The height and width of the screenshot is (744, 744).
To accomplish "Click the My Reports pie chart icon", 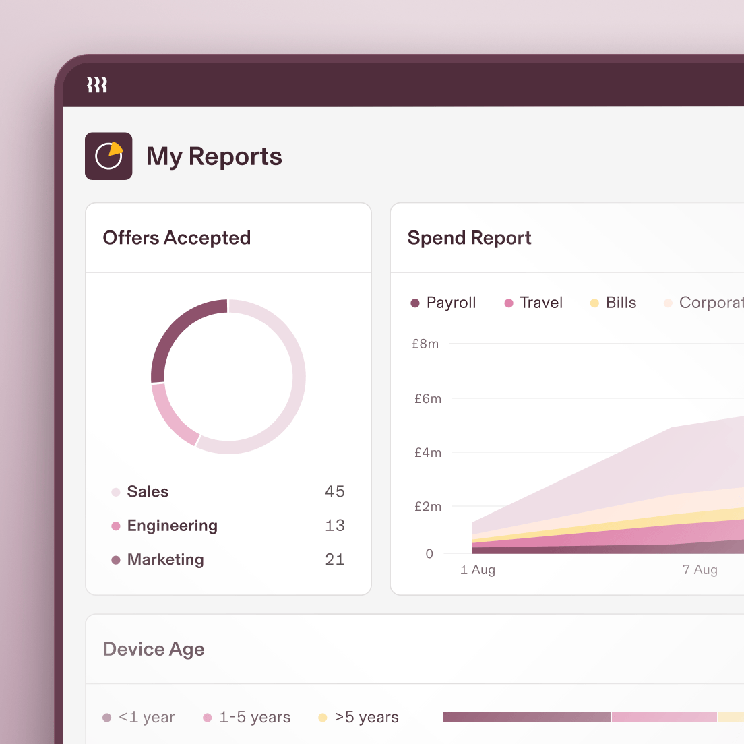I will pos(108,156).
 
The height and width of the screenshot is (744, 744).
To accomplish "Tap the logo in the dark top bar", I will pos(97,85).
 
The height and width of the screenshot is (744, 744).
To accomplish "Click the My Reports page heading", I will pos(214,156).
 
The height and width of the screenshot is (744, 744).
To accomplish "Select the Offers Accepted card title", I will pos(177,238).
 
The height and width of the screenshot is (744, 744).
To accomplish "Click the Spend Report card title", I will pos(469,238).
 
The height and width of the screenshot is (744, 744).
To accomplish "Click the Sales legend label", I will pos(148,491).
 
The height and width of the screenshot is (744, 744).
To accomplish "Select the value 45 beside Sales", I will pos(334,491).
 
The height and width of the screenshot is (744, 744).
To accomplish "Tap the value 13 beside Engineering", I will pos(334,526).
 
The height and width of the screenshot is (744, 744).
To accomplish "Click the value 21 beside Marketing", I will pos(334,559).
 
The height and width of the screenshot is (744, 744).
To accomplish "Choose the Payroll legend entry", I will pos(450,303).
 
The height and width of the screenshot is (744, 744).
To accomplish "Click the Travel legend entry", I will pos(540,303).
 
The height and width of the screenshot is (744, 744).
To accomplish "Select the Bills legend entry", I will pos(620,303).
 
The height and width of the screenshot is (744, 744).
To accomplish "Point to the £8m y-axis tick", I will pos(425,344).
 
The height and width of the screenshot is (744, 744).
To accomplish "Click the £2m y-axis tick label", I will pos(428,506).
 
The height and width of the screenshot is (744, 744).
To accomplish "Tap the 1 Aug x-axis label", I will pos(478,570).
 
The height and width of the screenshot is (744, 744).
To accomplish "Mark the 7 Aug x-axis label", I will pos(700,570).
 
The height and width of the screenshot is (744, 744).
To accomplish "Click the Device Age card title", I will pos(154,649).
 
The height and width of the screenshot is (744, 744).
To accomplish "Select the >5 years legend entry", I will pos(366,718).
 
